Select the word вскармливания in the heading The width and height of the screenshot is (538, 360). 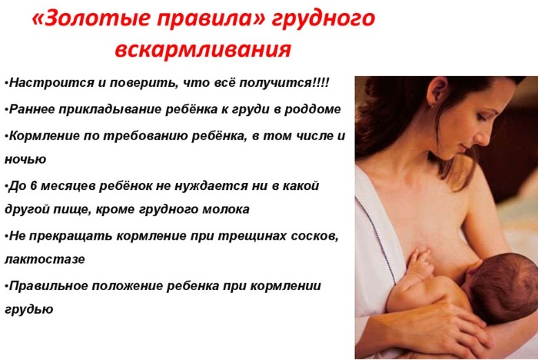[x=202, y=50]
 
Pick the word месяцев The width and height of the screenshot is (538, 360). [x=65, y=186]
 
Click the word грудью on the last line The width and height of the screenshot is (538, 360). [x=28, y=310]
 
